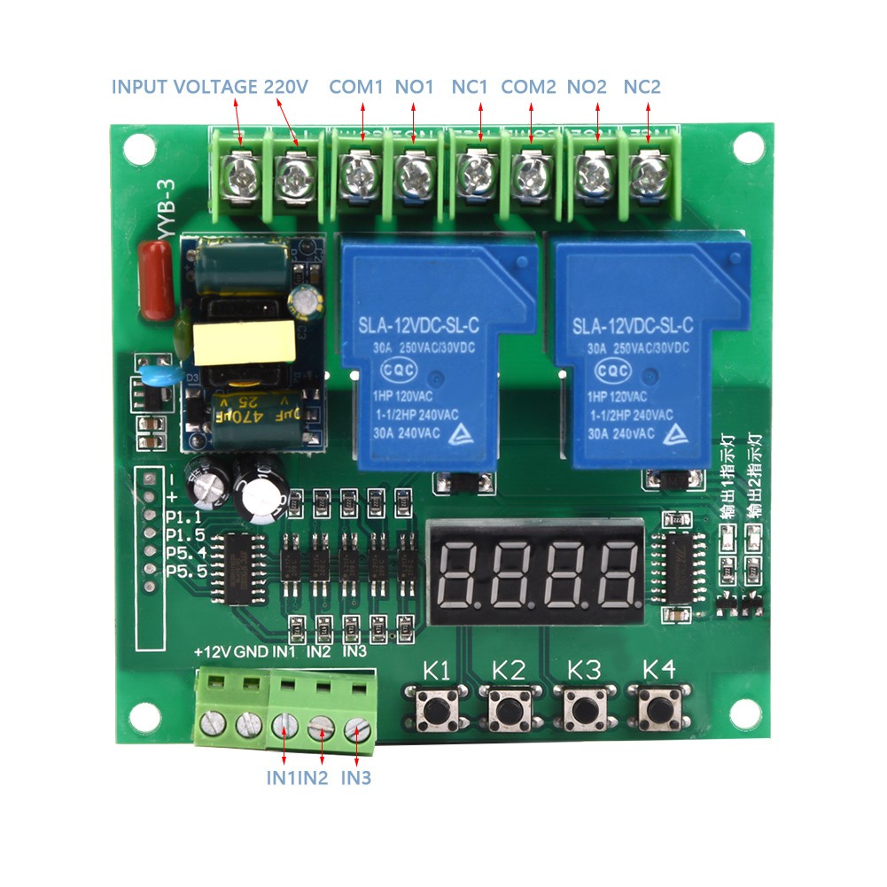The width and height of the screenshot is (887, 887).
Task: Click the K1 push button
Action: point(433,709)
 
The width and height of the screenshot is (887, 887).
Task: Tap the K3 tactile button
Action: point(582,709)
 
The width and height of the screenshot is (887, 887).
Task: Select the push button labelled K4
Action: point(657,709)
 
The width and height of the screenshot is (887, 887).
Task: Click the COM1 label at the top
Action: point(355,87)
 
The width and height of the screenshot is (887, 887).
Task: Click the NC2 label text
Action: point(642,87)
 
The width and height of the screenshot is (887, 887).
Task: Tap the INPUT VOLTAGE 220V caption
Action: point(209,87)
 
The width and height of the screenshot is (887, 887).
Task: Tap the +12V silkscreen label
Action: point(212,652)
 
